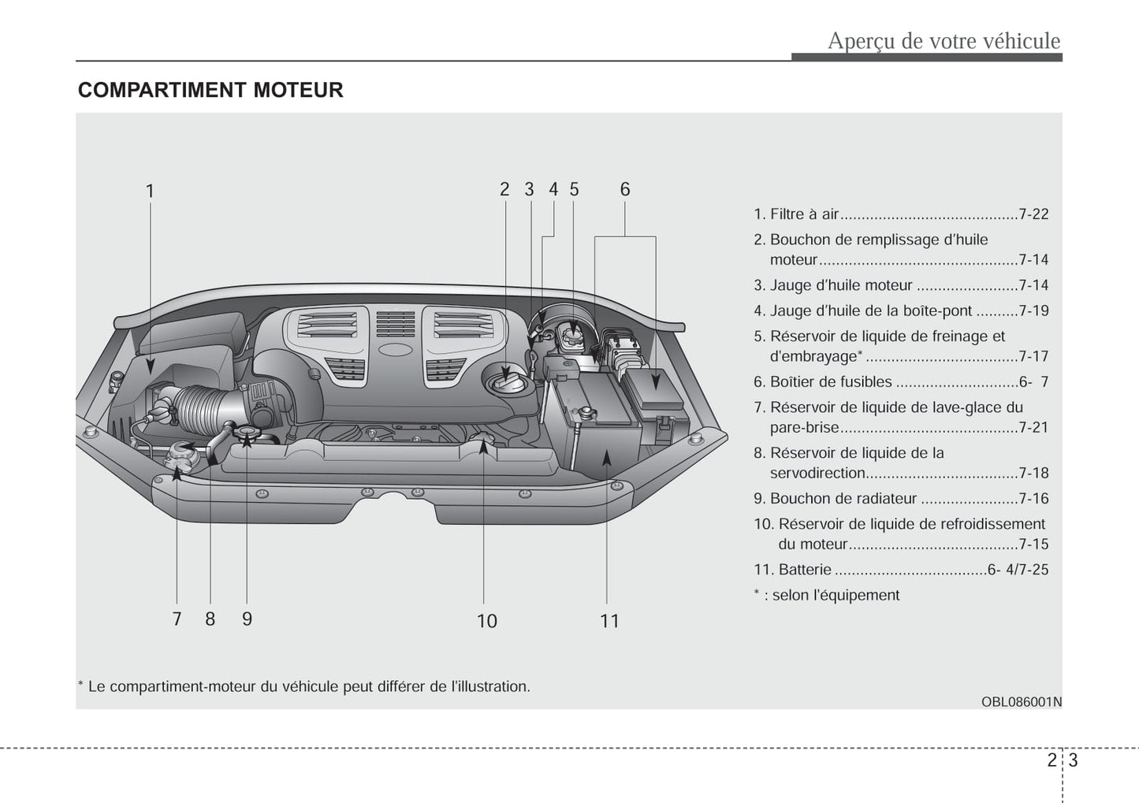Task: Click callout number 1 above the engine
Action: (x=150, y=191)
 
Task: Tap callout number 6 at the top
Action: (x=625, y=189)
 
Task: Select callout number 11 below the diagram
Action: (x=609, y=621)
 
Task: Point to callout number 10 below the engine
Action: (x=486, y=621)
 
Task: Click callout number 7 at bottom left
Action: (x=177, y=619)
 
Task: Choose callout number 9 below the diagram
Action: (x=247, y=619)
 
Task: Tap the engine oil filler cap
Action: (x=504, y=381)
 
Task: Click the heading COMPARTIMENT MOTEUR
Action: (x=210, y=90)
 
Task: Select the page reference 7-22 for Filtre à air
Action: (x=1033, y=214)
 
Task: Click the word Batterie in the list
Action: (x=805, y=570)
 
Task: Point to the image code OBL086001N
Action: (x=1022, y=701)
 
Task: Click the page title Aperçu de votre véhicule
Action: (x=944, y=41)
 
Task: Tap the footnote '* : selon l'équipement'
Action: (x=826, y=596)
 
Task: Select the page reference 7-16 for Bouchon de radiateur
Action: (x=1033, y=499)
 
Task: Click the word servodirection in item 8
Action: (x=817, y=474)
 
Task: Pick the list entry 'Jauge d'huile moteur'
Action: (x=840, y=285)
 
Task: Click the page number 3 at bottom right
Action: (x=1073, y=760)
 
